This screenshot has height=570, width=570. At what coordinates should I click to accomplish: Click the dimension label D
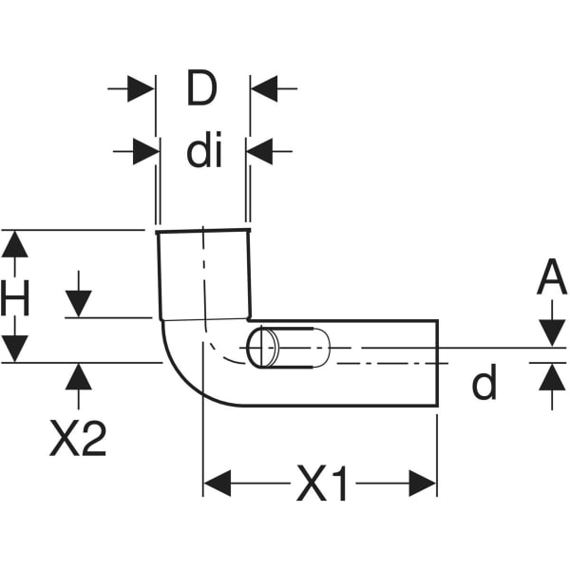201,89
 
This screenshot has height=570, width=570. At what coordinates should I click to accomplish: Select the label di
203,151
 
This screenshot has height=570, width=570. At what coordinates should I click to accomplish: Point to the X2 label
78,439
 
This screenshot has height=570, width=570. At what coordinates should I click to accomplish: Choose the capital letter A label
551,279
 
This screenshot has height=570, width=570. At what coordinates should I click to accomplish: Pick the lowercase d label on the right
484,384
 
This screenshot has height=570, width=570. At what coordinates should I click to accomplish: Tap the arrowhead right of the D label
263,89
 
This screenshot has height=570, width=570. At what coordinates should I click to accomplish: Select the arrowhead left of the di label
144,151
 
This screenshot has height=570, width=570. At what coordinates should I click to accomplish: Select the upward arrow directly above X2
79,375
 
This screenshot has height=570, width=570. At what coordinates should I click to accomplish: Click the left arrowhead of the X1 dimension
218,483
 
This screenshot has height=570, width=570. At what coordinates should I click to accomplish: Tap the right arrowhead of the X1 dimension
423,483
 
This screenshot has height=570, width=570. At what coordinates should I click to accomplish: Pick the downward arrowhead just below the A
551,333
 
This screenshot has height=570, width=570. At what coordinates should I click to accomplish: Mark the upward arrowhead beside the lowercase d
551,376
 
